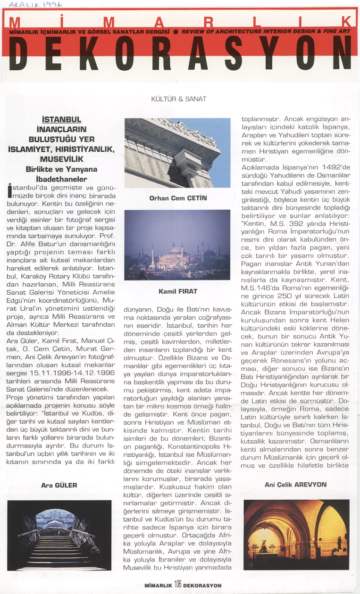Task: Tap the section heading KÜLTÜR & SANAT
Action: (178, 99)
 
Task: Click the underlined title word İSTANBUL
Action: (61, 119)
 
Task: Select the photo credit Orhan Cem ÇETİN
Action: (178, 198)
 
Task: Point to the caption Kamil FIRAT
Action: (177, 292)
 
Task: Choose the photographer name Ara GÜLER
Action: (59, 485)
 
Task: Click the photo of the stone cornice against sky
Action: (177, 153)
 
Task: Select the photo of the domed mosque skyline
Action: (177, 245)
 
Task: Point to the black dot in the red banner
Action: (175, 31)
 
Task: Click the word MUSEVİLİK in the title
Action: (61, 159)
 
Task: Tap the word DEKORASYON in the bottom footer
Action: (202, 585)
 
